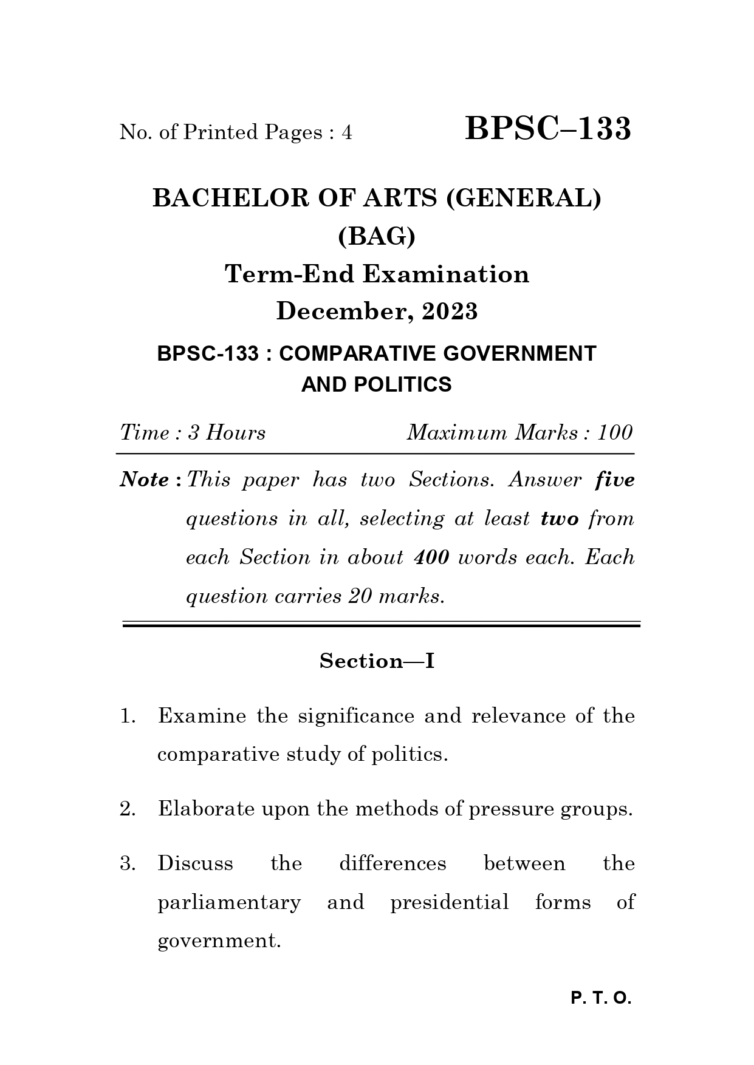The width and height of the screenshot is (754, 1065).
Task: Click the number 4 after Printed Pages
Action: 347,132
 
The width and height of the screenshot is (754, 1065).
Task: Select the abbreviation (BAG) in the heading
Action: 377,236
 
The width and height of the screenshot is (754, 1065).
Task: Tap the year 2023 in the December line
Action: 450,311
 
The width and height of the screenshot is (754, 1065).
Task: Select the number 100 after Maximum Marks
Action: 614,433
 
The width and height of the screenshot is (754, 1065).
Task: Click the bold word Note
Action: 145,480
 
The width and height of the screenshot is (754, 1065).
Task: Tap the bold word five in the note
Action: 615,480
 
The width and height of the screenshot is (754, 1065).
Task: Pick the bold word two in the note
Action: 559,519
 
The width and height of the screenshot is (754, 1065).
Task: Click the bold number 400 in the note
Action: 431,557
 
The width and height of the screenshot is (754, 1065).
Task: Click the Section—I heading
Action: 377,661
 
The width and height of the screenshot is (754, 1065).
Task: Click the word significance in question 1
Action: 355,716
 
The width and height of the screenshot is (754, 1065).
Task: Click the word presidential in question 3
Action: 449,902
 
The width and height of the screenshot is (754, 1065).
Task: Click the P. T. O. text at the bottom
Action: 601,998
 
